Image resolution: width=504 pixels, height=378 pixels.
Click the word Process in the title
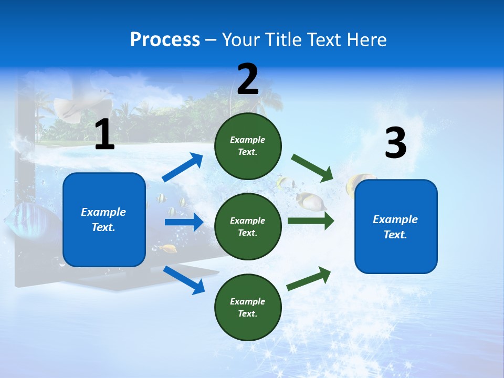(165, 40)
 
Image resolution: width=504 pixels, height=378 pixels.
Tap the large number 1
(104, 135)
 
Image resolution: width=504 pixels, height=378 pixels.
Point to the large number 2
(248, 79)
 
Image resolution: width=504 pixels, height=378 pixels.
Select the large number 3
(395, 143)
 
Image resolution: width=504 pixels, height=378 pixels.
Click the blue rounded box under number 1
(104, 219)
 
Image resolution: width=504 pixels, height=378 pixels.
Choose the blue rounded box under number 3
(396, 226)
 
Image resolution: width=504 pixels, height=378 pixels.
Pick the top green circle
(248, 146)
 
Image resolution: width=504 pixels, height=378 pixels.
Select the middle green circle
(248, 226)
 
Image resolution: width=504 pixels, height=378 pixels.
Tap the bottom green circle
(248, 307)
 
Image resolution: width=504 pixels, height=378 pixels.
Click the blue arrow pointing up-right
(183, 167)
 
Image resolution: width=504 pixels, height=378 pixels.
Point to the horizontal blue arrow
(183, 222)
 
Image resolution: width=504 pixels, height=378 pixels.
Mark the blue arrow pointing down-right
(184, 279)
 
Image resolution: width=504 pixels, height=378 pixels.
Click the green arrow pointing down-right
(312, 168)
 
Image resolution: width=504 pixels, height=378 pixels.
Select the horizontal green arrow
(310, 220)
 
